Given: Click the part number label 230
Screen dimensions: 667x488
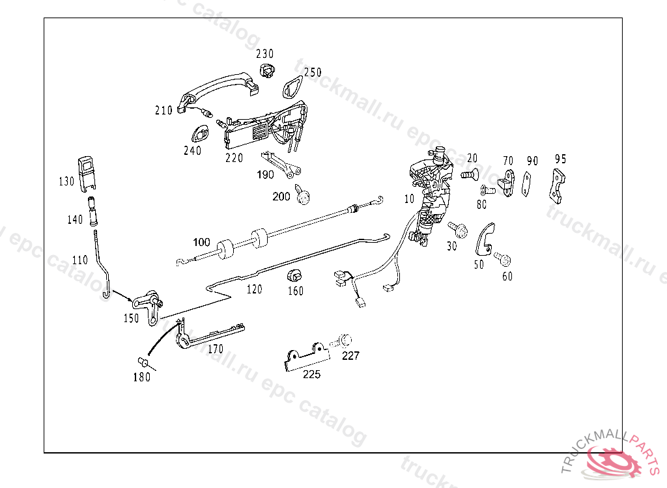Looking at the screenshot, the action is coord(264,54).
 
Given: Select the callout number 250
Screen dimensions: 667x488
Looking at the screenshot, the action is coord(313,72).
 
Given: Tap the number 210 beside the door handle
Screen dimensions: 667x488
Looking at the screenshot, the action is coord(163,111).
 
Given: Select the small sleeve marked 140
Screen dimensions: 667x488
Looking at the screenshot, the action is coord(94,207).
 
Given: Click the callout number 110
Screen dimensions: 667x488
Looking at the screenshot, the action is coord(79,260).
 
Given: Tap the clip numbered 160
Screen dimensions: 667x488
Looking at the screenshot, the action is coord(295,275).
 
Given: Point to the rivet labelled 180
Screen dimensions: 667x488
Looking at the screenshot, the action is coord(142,362).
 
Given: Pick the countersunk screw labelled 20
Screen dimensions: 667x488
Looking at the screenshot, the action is coord(470,174).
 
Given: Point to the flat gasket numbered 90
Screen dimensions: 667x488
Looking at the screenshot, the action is coord(526,185).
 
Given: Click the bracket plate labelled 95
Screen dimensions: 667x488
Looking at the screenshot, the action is coord(557,185).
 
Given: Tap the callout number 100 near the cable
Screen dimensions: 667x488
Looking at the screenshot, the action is coord(201,242).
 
